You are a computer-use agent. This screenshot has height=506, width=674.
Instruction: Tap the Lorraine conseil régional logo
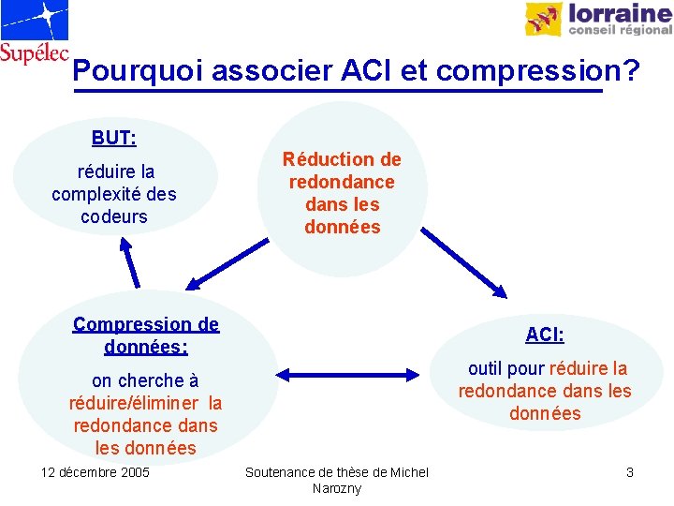(597, 19)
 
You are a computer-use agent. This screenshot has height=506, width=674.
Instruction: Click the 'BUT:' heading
(114, 139)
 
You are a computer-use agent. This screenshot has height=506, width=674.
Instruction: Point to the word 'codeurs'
(114, 216)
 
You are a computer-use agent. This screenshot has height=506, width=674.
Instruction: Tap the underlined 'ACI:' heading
(545, 335)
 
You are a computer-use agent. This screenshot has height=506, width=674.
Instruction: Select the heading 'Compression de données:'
(146, 335)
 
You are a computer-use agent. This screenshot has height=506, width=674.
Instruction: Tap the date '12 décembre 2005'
(95, 472)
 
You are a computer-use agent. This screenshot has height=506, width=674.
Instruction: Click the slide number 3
(630, 472)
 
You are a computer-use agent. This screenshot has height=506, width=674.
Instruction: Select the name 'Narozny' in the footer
(337, 489)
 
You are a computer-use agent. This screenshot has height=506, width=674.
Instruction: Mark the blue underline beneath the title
(337, 92)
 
